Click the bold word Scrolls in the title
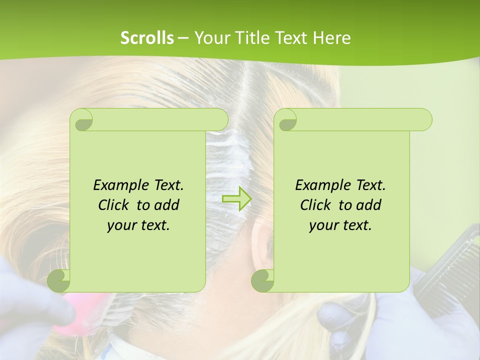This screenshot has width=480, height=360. click(147, 38)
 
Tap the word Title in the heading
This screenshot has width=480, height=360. click(248, 38)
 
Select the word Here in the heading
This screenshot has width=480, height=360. click(332, 38)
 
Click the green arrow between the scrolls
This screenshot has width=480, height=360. click(236, 199)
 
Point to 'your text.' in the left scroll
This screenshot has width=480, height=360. click(138, 225)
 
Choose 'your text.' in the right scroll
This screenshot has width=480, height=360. click(340, 225)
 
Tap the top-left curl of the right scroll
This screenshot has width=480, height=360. click(286, 120)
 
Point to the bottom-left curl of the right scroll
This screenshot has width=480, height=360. click(263, 280)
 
